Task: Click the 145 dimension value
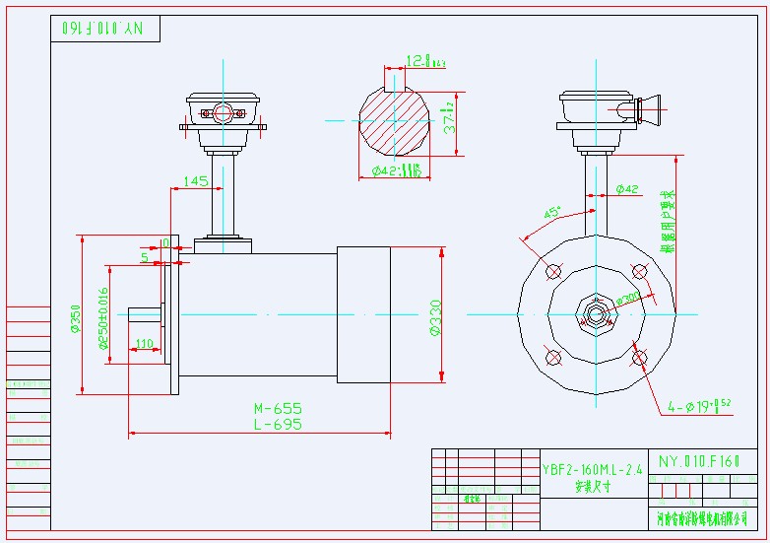coord(195,181)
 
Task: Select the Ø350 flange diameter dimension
coord(76,315)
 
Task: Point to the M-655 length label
coord(278,408)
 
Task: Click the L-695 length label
coord(278,424)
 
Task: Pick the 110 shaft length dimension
coord(144,344)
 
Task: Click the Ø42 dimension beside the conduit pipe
coord(627,188)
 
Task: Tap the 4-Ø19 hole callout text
coord(699,405)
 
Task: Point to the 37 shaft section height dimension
coord(449,117)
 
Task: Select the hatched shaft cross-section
coord(394,122)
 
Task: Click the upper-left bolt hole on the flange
coord(552,271)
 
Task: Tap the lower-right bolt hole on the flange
coord(639,357)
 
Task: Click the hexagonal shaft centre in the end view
coord(596,314)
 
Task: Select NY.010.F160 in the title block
coord(698,460)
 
